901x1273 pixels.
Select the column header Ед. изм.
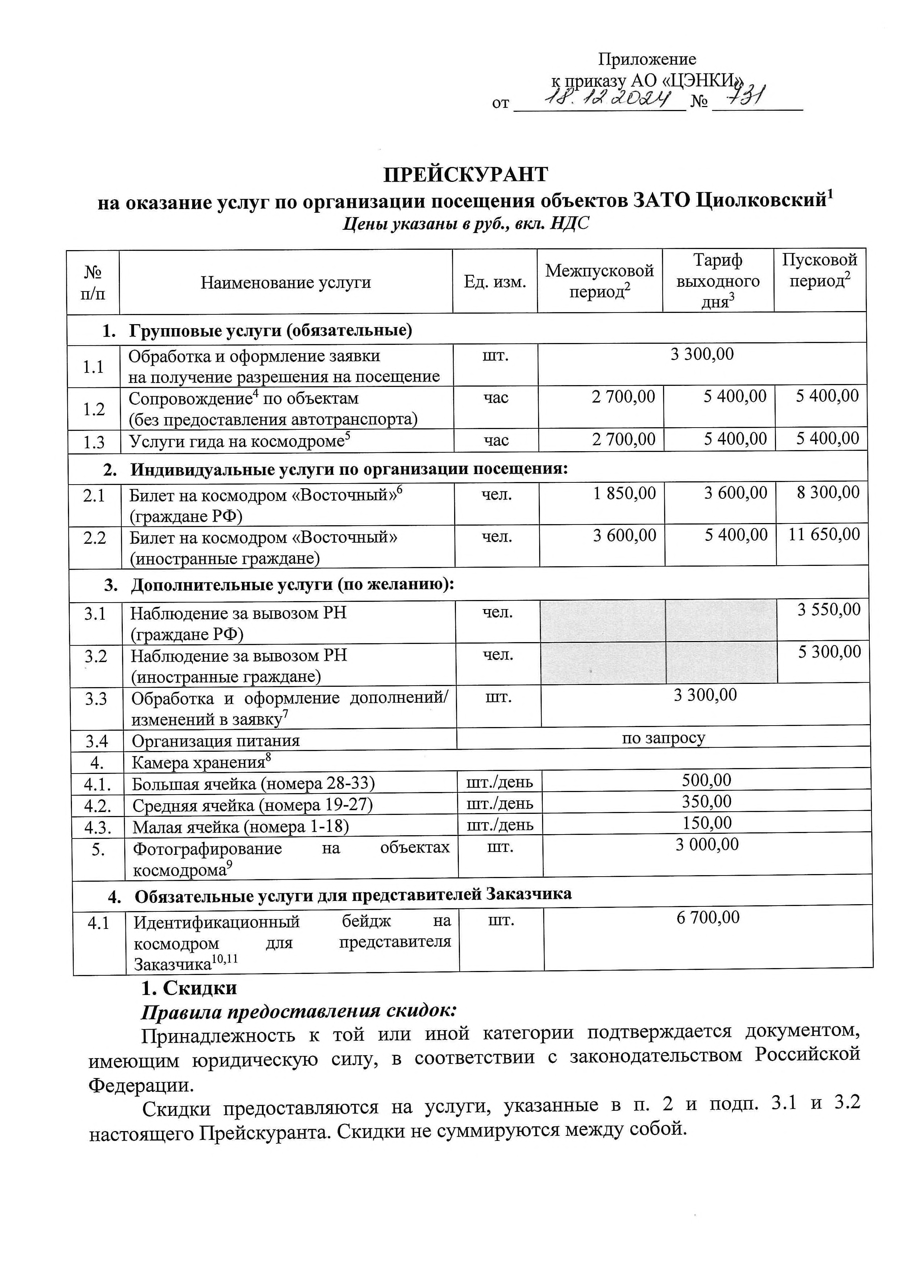(495, 282)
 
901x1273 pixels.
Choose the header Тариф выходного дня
(718, 281)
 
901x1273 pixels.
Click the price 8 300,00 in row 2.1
(828, 492)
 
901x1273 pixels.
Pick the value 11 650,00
(824, 534)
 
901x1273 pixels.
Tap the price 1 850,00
(625, 493)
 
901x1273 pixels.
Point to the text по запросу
(663, 738)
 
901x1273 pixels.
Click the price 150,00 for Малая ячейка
(707, 823)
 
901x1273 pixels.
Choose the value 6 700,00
(708, 918)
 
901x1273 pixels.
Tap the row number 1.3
(94, 442)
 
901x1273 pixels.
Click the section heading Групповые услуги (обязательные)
(271, 330)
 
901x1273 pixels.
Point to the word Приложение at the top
(647, 59)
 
